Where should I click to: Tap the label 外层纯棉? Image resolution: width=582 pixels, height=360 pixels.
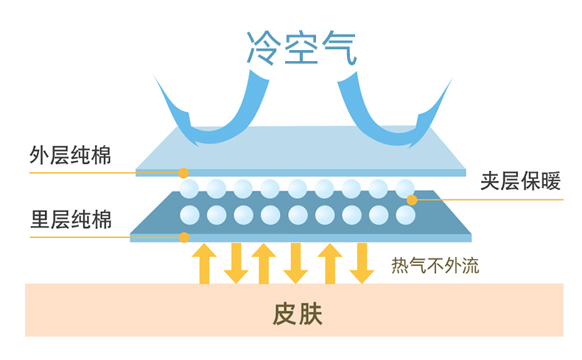[71, 156]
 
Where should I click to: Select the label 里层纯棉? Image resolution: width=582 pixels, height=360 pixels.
[71, 219]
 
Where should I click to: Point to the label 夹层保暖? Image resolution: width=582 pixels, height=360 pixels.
[521, 181]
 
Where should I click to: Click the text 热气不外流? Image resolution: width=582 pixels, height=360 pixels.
[435, 266]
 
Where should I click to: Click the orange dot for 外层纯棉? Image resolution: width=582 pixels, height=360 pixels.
[183, 173]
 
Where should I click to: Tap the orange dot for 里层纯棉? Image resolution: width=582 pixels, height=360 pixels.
[184, 237]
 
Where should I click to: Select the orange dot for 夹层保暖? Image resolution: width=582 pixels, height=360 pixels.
[412, 200]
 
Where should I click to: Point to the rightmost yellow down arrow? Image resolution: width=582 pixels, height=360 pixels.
[361, 263]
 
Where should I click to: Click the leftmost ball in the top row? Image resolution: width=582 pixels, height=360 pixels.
[189, 188]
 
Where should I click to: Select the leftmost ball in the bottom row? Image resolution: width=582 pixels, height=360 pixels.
[189, 215]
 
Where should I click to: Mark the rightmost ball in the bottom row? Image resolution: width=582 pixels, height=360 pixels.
[405, 215]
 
